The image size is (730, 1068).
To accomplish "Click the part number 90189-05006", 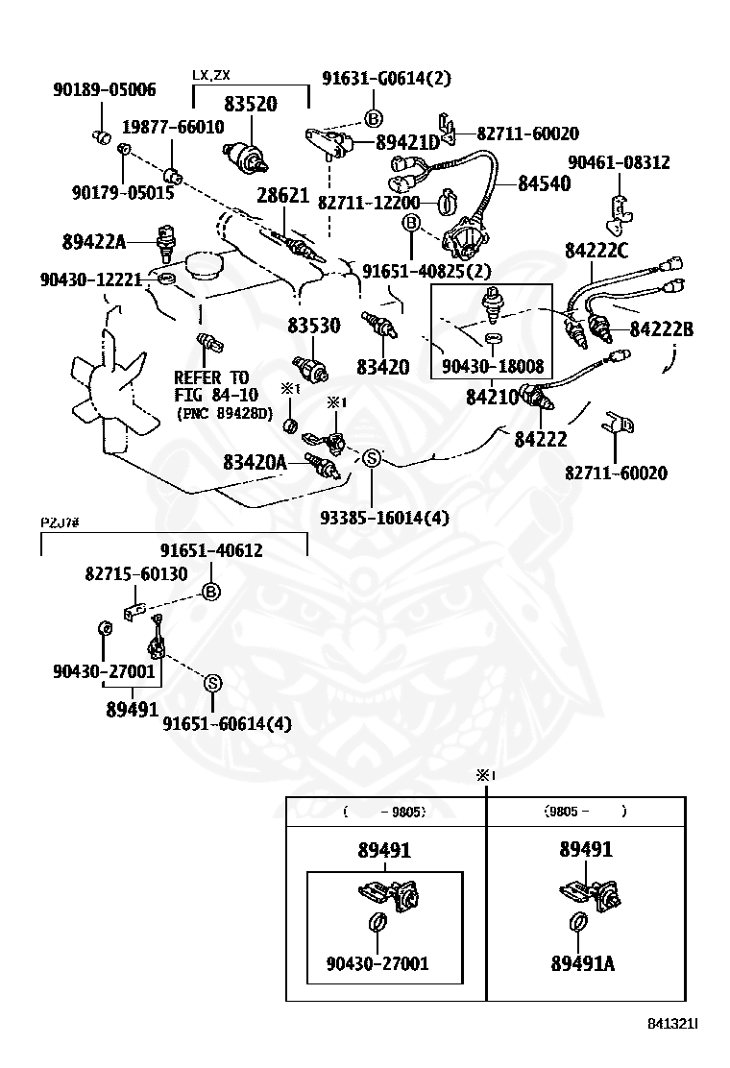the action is point(104,89).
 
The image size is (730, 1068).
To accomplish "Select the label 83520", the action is point(251,105).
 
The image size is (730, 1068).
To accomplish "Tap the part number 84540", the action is point(544,183).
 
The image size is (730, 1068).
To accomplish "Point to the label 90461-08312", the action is point(619,162).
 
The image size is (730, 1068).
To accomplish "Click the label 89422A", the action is point(94,241).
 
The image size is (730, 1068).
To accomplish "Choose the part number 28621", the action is point(282,196).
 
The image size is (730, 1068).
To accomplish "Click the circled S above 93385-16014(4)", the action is point(371,458).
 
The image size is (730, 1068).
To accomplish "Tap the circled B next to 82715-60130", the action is point(211,592).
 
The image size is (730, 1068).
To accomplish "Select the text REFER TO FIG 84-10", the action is point(216,386).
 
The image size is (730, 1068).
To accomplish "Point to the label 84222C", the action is point(596,251).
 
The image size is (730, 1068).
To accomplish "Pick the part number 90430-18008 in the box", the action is point(493,367).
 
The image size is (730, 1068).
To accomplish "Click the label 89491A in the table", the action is point(583,963).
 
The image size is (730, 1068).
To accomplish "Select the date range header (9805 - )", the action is point(586,812).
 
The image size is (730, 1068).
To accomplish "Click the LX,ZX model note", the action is point(211,75).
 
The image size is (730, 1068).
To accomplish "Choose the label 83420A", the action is point(255,463).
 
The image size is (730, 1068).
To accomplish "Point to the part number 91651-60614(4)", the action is point(227,723).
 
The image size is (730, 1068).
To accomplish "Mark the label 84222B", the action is point(661,329).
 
